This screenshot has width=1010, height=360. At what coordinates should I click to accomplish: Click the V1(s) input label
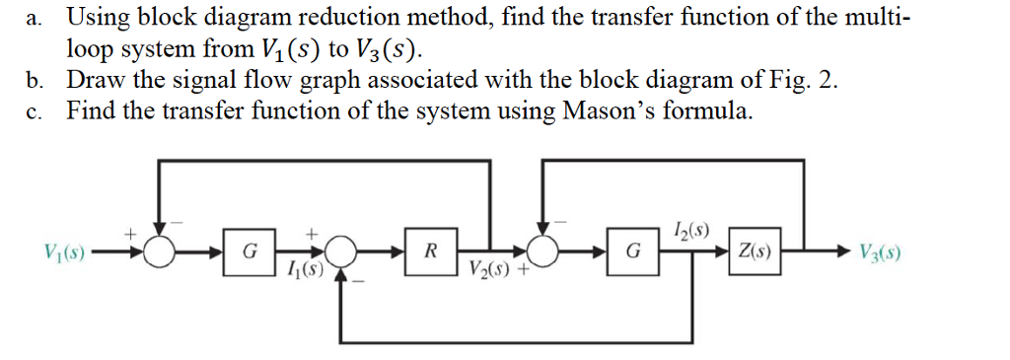[x=62, y=250]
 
